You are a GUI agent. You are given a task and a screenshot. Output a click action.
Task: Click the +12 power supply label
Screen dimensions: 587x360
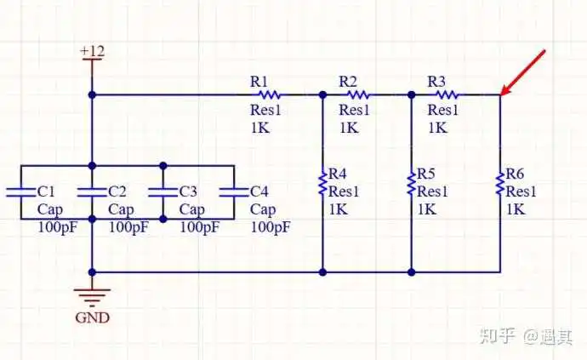[92, 51]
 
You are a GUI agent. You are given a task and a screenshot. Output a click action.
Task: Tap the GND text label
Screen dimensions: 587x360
[92, 317]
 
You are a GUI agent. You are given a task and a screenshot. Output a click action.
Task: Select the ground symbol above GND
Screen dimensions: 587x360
[92, 297]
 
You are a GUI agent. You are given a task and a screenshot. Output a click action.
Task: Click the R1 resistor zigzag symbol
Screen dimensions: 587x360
[270, 94]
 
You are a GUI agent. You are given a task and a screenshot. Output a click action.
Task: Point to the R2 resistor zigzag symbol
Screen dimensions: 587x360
[358, 94]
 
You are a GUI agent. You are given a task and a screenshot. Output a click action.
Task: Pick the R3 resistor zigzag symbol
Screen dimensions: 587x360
[447, 94]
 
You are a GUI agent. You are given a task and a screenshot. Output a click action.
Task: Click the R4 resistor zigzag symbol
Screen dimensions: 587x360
[322, 184]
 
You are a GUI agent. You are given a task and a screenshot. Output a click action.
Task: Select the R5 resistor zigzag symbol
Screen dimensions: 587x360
[411, 184]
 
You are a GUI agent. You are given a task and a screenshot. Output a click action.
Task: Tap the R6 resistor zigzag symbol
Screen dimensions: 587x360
[499, 184]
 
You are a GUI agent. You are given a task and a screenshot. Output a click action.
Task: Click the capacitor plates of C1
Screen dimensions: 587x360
[21, 192]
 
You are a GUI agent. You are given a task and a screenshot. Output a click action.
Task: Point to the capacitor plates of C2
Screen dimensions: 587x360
[92, 192]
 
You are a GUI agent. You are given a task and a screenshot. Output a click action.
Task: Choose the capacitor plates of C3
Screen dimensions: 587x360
[162, 192]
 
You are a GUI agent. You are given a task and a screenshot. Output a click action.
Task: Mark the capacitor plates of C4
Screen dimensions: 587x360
[234, 192]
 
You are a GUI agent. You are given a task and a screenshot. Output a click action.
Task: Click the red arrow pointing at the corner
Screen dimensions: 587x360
[523, 72]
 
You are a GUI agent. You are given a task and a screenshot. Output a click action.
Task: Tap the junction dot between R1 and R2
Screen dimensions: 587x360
[322, 94]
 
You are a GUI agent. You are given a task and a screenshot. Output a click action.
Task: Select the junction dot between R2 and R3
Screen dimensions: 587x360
[411, 94]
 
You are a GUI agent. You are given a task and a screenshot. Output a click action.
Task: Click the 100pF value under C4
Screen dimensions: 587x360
[271, 227]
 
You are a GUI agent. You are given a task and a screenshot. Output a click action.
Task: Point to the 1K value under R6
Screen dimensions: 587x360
[516, 209]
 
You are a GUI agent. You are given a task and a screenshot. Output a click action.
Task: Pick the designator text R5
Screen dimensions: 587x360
[426, 174]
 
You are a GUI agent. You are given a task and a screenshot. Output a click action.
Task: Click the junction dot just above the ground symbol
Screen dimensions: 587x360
[92, 272]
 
